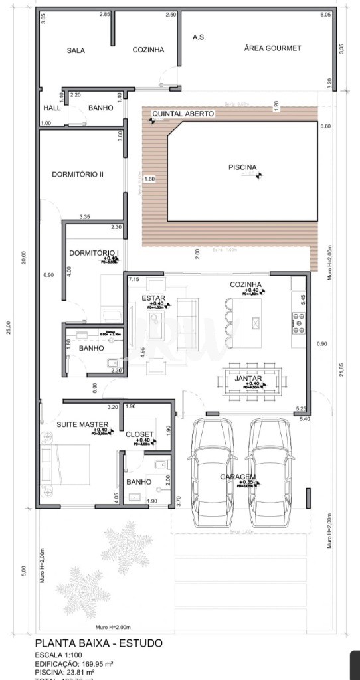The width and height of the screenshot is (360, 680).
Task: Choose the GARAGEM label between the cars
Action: (240, 477)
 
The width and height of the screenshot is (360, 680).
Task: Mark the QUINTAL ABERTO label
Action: (184, 114)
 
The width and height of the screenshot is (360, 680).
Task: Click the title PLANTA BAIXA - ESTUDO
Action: (98, 643)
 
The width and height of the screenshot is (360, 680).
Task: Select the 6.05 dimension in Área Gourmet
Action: (325, 14)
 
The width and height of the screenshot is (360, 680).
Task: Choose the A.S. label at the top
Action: (199, 37)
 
